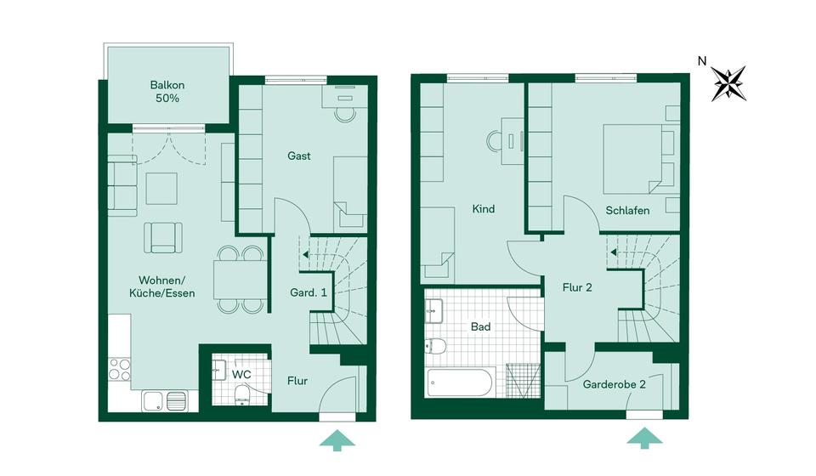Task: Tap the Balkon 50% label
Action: tap(167, 92)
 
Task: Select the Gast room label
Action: tap(298, 156)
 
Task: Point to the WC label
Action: tap(241, 374)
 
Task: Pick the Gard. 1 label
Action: tap(309, 293)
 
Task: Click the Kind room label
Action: tap(484, 209)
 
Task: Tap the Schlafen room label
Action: tap(628, 210)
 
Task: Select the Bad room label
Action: tap(480, 326)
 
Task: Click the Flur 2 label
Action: tap(577, 287)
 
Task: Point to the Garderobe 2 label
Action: tap(614, 384)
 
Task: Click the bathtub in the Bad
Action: tap(460, 382)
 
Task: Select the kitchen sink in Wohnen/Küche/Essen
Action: tap(165, 399)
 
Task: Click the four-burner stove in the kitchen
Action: tap(120, 370)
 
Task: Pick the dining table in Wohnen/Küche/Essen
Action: tap(241, 279)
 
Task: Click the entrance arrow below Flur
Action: tap(337, 439)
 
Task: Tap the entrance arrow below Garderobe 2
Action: tap(644, 438)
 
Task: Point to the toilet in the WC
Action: tap(241, 394)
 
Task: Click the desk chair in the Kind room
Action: tap(494, 141)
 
